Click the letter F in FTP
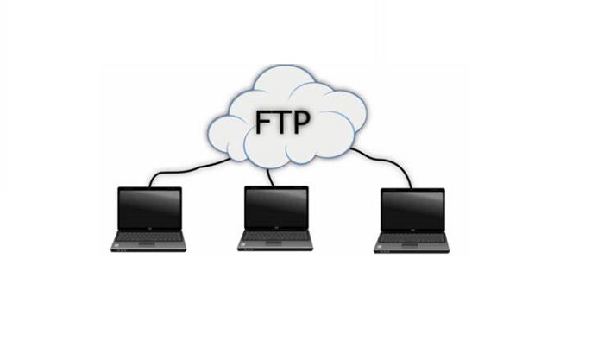263,123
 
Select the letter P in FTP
301,123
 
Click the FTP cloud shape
286,116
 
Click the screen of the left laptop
149,209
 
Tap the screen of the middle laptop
277,208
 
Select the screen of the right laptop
412,210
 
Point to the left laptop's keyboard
148,237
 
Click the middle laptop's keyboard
275,236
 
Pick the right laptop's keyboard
412,238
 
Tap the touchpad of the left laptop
147,244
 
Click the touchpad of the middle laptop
274,243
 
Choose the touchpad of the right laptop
410,245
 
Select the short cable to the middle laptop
271,177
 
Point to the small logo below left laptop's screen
149,231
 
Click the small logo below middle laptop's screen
276,229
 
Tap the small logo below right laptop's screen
412,231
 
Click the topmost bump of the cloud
285,72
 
